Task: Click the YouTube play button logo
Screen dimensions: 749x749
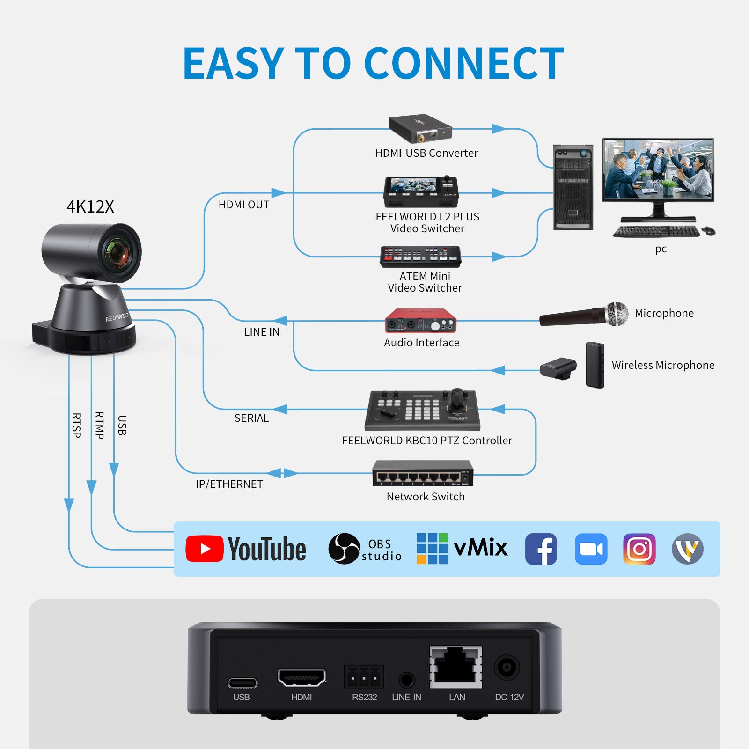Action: tap(205, 549)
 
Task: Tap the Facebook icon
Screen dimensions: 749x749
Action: tap(541, 549)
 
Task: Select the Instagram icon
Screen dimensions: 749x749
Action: tap(639, 549)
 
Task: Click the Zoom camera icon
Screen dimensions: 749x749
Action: tap(591, 549)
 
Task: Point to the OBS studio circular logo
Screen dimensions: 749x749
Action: tap(344, 549)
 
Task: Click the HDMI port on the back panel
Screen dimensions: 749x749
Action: tap(302, 677)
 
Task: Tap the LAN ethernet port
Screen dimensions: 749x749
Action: tap(456, 667)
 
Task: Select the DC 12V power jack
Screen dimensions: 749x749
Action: tap(507, 667)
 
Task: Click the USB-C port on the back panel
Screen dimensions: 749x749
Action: tap(242, 683)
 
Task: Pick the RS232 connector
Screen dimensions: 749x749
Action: tap(364, 677)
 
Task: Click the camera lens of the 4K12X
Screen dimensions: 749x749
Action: tap(117, 253)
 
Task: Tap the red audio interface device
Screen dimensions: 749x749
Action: tap(420, 321)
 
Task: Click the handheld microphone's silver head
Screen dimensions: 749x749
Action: tap(617, 314)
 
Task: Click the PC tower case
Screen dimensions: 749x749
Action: tap(573, 188)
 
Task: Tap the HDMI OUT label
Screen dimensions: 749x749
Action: tap(244, 205)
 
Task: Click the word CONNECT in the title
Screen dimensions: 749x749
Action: tap(463, 64)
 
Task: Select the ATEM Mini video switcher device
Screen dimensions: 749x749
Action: tap(420, 257)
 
